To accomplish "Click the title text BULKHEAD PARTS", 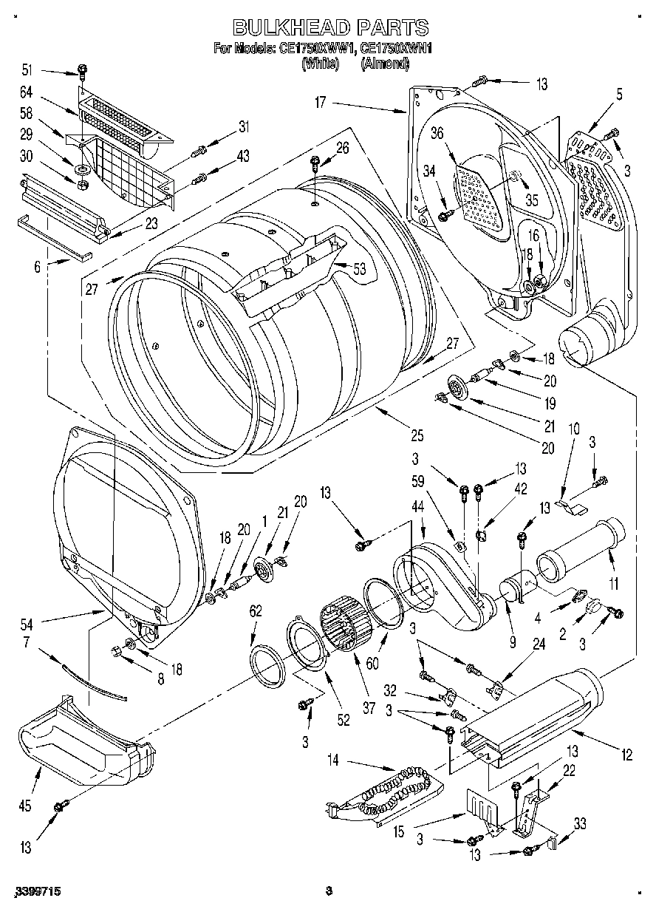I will pos(330,28).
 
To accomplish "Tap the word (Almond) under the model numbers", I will pos(385,64).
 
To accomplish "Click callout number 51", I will pos(27,70).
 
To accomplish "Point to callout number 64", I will pos(27,92).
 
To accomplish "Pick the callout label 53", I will pos(360,269).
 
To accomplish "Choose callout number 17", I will pos(320,103).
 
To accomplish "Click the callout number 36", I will pos(437,133).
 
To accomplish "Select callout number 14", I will pos(332,760).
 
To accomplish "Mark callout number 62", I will pos(256,610).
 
